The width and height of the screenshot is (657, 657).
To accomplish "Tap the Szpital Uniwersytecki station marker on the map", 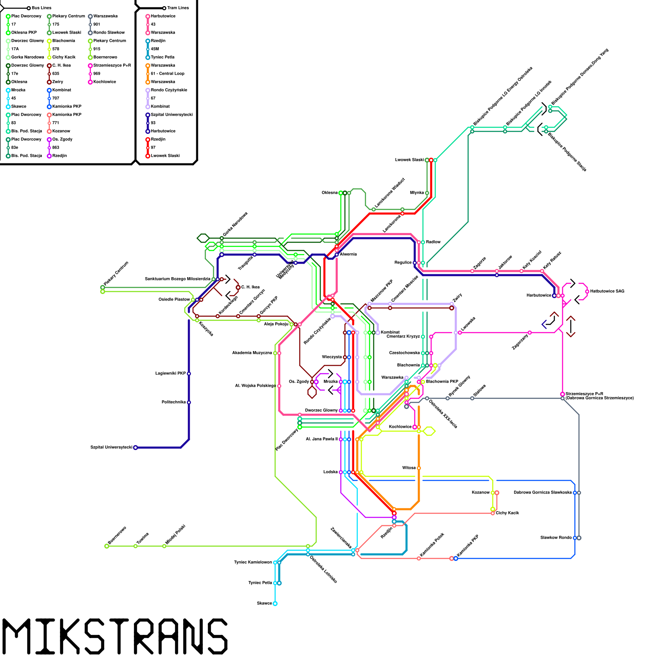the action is coord(136,448).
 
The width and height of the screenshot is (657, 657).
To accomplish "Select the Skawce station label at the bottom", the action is coord(264,604).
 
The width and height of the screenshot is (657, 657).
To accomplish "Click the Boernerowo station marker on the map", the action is coord(107,546).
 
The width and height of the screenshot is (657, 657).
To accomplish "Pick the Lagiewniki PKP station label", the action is coord(170,374).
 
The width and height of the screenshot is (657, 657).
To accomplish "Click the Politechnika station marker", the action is coord(189,402).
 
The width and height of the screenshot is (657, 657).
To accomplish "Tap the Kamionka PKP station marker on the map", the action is coord(455,558).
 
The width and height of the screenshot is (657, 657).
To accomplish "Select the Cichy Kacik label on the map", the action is coord(507,513).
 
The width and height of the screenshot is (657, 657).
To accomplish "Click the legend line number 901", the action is coord(96,25).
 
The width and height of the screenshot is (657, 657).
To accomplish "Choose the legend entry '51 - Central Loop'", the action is coord(167,74).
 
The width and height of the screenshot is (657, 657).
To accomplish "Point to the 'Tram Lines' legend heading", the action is coord(178,8).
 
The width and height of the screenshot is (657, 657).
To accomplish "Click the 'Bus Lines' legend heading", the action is coord(41,8).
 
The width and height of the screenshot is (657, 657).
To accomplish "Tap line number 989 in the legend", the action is coord(96,74).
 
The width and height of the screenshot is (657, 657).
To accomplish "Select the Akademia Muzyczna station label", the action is coord(252,353).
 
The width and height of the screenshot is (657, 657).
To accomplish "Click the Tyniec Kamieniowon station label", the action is coord(253,563).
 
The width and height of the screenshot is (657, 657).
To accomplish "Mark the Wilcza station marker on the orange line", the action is coord(419,468).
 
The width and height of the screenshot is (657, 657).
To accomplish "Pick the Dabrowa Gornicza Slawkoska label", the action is coord(542,493).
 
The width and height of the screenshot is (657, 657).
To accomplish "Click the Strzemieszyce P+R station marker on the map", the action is coord(563,394).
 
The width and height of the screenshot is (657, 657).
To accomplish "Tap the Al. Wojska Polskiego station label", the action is coord(255,386).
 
